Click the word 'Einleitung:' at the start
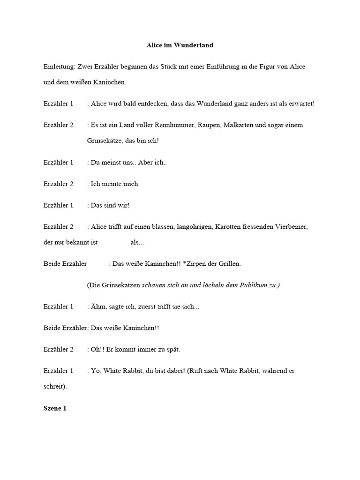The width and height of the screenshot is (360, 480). click(x=59, y=67)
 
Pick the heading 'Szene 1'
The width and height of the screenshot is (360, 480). click(x=55, y=408)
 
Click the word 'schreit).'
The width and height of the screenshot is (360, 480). click(x=55, y=387)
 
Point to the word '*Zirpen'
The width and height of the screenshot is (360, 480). click(x=193, y=264)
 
